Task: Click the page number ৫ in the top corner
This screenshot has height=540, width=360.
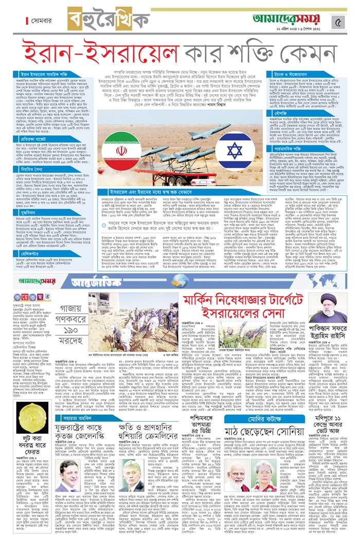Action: (338, 22)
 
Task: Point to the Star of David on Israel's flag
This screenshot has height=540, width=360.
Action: (235, 151)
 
